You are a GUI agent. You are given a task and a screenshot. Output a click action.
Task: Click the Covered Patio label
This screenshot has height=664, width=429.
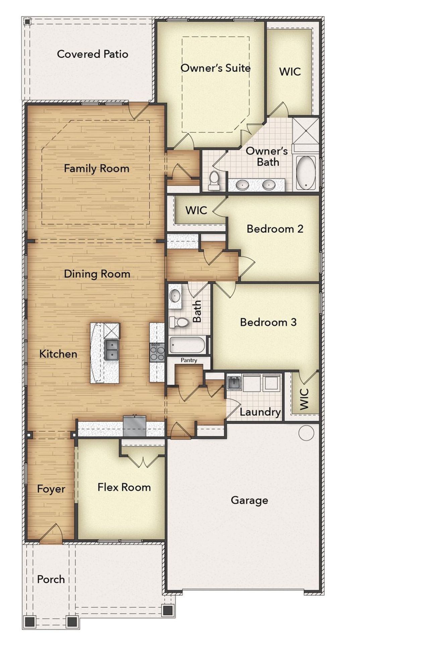pos(93,54)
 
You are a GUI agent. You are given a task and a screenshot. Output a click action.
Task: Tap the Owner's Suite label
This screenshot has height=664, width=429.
pos(216,68)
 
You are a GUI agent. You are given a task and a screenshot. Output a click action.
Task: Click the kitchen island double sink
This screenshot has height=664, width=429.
pos(111,350)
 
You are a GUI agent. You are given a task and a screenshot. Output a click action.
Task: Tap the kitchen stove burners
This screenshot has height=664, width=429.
pos(157,352)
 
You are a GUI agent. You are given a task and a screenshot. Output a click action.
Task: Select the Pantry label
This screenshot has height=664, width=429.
pos(189,360)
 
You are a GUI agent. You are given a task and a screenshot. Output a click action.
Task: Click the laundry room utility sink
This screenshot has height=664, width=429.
pos(234,383)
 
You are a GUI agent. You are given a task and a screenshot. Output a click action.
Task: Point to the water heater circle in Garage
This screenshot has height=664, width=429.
pos(306,433)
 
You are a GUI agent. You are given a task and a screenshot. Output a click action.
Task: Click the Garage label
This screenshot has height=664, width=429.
pos(249,500)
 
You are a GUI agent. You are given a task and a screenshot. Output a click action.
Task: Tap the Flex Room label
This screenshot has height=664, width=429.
pos(124,487)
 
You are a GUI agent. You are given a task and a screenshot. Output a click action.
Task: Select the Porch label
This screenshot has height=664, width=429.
pos(51,579)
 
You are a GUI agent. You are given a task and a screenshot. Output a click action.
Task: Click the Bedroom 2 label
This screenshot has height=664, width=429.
pos(275,229)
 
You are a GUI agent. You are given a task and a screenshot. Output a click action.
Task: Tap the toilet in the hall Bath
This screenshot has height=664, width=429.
pos(180,322)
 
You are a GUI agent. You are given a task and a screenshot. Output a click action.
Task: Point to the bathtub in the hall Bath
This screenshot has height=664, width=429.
pos(187,345)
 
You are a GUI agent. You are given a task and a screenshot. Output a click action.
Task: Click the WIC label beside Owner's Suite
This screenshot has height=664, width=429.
pos(290,71)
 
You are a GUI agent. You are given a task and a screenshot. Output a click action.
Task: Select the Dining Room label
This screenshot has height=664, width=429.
pos(97,274)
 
